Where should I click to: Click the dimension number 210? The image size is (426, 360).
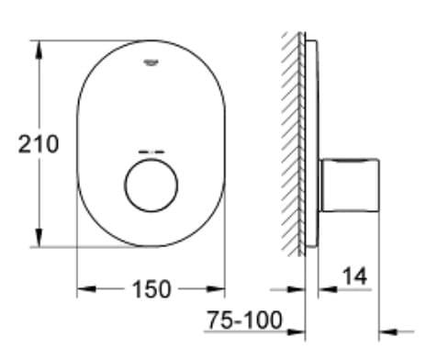click(38, 143)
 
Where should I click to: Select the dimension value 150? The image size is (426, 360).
click(151, 289)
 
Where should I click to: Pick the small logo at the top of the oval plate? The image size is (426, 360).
click(150, 62)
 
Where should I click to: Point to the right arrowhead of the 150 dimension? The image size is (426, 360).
click(218, 289)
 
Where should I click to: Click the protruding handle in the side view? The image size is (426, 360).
click(350, 185)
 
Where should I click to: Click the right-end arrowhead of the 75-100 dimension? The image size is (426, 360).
click(386, 331)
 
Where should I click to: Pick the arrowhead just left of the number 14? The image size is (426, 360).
click(323, 289)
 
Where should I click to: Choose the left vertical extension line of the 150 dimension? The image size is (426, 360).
click(75, 266)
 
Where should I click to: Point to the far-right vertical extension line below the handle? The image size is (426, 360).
click(378, 276)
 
